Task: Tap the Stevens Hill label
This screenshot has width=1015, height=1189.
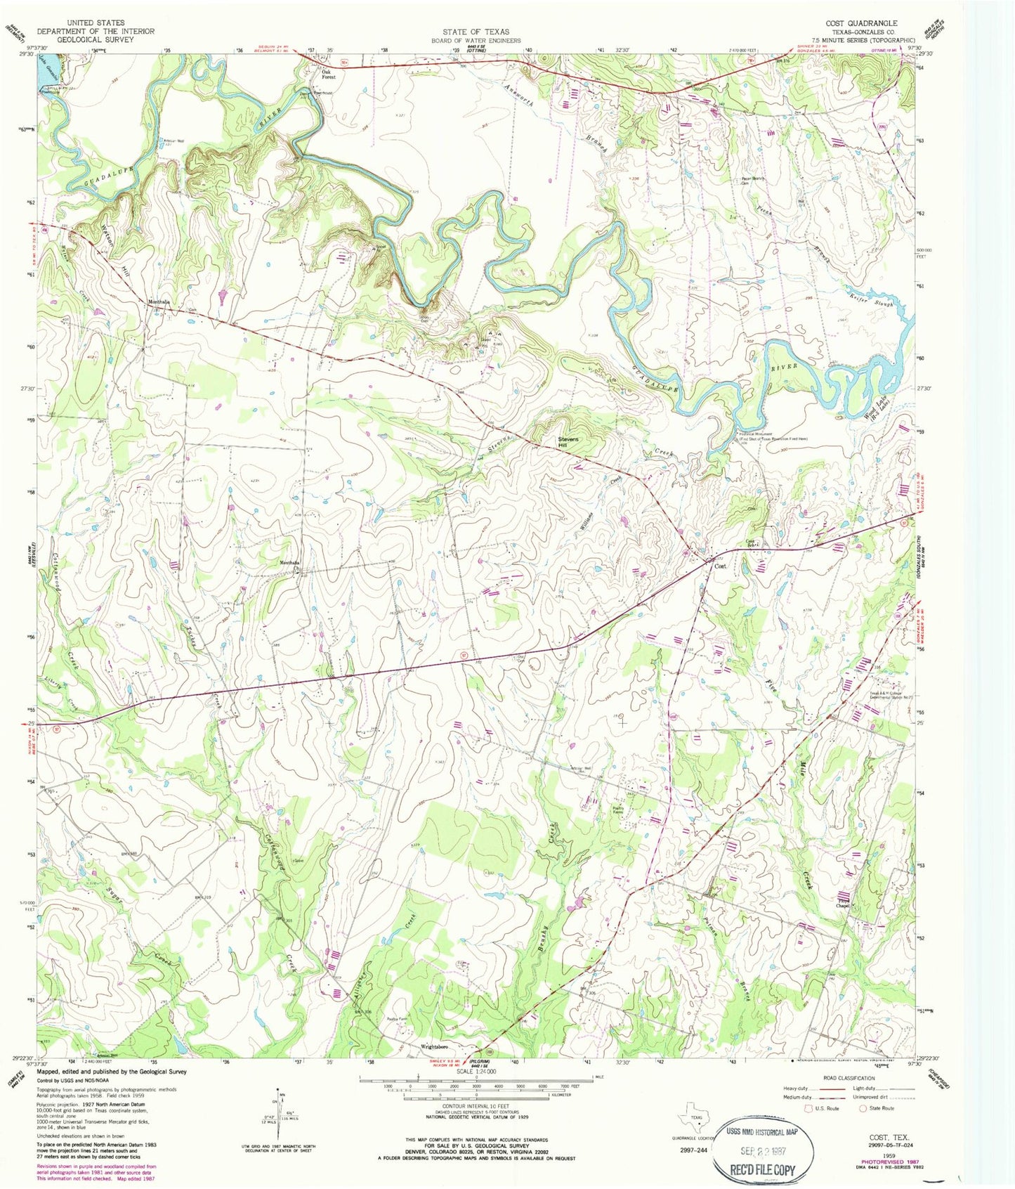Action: tap(569, 442)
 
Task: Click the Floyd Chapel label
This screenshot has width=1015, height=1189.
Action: tap(844, 904)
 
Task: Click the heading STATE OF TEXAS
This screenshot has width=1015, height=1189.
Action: tap(476, 32)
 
